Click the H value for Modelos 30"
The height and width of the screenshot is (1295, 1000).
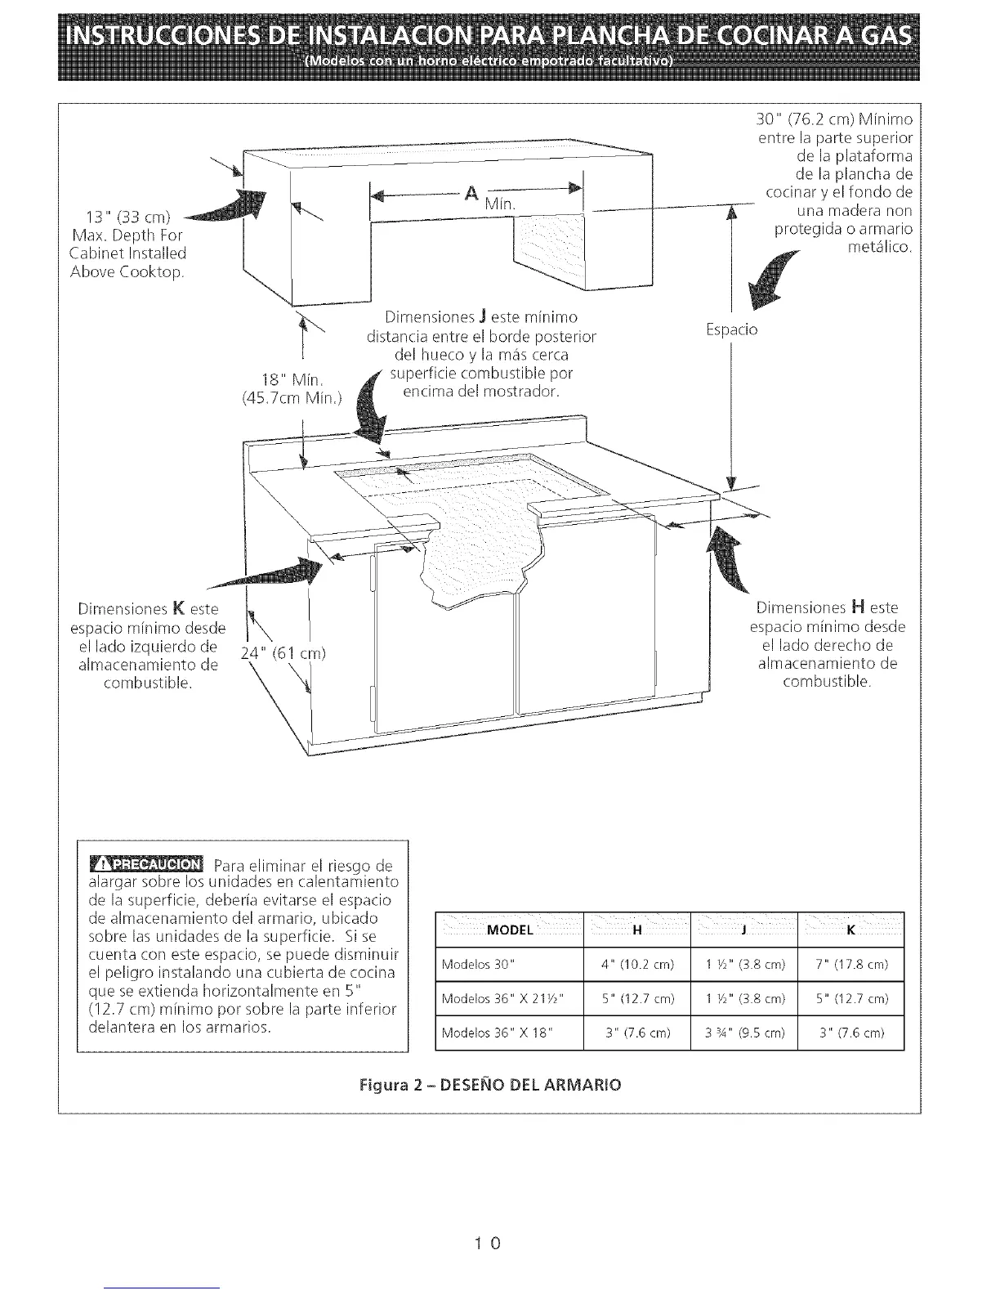(x=637, y=965)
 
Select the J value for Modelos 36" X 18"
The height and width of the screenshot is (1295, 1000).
(x=743, y=1033)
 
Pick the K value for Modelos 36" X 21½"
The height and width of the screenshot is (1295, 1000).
(x=850, y=999)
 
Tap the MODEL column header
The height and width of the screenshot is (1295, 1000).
(x=510, y=930)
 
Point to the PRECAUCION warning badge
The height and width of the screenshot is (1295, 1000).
(x=146, y=864)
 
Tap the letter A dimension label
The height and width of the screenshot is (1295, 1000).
(x=471, y=194)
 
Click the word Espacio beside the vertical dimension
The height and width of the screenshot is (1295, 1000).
(x=731, y=330)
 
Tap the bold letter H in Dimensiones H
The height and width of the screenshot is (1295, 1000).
(x=857, y=607)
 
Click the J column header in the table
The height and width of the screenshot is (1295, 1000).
(x=743, y=930)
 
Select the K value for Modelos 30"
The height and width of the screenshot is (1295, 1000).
(x=850, y=965)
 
